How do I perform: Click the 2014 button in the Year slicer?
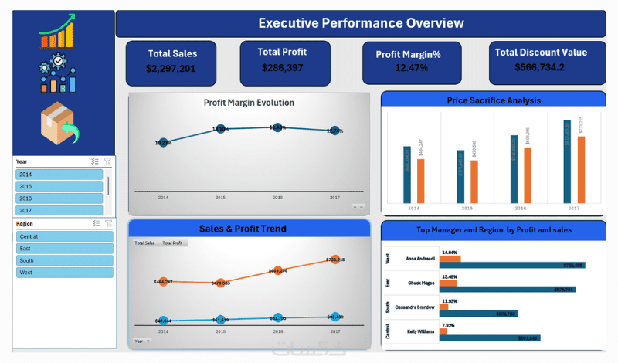tap(59, 175)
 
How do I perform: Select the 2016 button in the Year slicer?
tap(59, 198)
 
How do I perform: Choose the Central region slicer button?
tap(64, 236)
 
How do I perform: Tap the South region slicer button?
tap(64, 260)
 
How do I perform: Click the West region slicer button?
tap(64, 273)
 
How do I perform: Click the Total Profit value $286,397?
tap(284, 68)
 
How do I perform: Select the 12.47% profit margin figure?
tap(411, 68)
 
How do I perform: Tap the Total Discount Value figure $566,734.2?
tap(541, 67)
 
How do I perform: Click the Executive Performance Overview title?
tap(361, 23)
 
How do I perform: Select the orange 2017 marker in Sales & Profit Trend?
tap(334, 260)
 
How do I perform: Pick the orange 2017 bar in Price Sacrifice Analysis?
tap(580, 170)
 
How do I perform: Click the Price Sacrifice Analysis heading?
tap(494, 100)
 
